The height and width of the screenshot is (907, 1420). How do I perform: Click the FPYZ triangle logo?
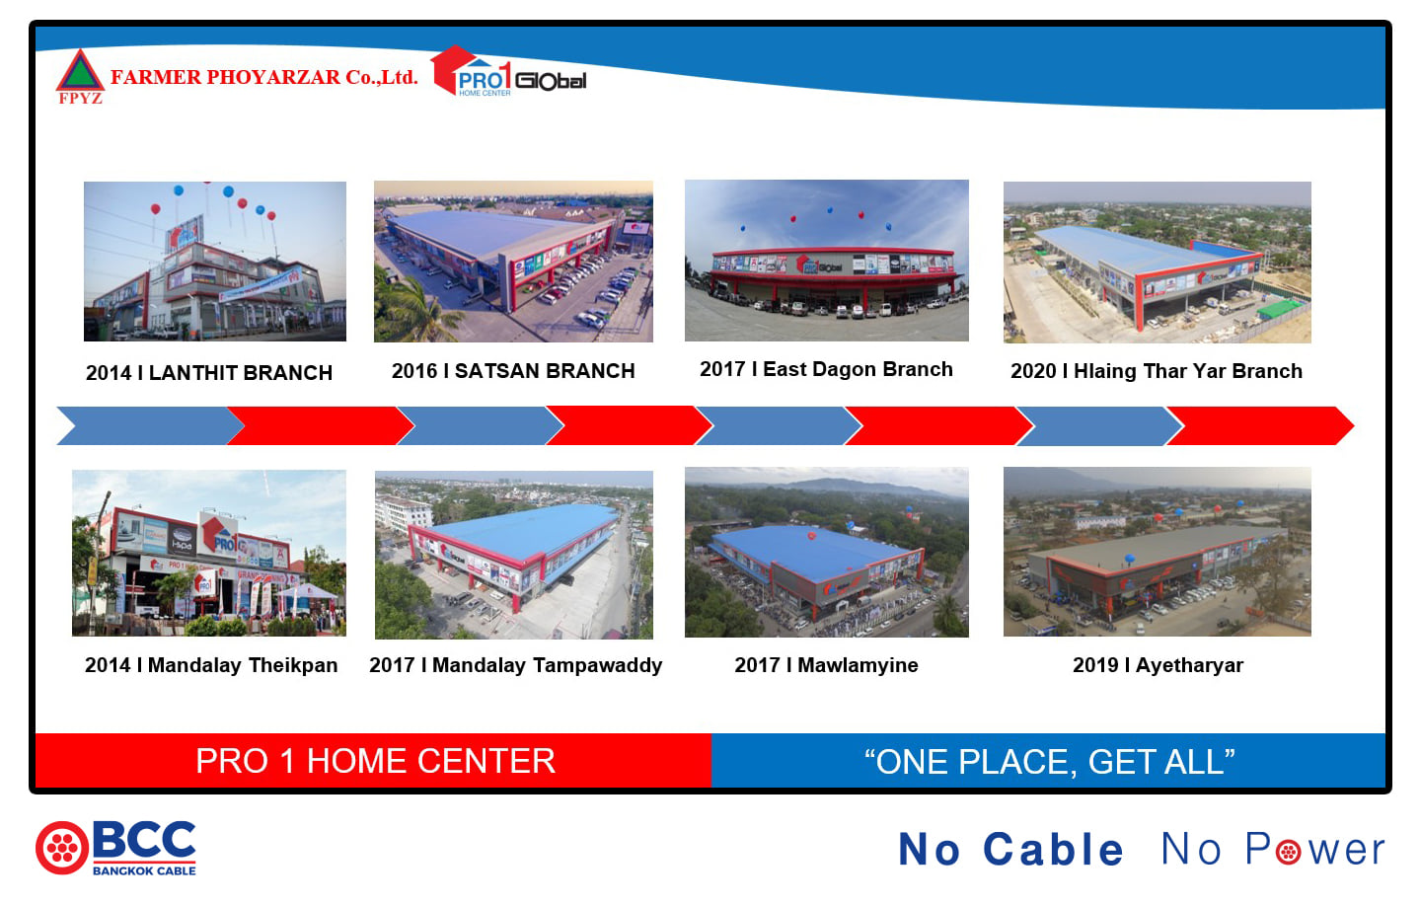tap(80, 76)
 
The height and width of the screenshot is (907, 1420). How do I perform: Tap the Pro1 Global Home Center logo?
tap(508, 72)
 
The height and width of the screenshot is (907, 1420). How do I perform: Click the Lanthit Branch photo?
tap(215, 262)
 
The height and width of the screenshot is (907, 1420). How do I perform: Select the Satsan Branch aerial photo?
tap(513, 262)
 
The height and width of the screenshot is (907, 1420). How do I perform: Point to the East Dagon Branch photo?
tap(827, 261)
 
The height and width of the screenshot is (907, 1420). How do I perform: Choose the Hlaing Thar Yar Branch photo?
tap(1157, 262)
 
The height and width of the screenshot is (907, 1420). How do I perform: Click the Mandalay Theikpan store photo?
tap(209, 553)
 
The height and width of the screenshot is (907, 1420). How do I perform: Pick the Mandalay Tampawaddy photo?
tap(514, 555)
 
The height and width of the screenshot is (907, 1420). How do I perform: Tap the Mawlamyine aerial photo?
tap(827, 552)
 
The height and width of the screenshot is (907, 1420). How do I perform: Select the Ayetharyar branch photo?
tap(1157, 552)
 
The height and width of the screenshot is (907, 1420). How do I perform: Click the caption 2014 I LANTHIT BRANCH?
tap(209, 373)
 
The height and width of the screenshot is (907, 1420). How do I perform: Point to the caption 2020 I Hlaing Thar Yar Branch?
tap(1157, 371)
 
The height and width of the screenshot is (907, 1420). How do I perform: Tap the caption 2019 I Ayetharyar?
tap(1158, 665)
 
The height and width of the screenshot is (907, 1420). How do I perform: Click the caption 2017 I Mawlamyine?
tap(826, 665)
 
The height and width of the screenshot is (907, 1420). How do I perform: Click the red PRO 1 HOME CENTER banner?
tap(373, 761)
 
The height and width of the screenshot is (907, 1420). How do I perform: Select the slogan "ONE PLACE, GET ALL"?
tap(1049, 761)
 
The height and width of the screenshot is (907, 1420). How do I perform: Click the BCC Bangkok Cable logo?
tap(116, 848)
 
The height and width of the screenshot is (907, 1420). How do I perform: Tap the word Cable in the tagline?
tap(1053, 849)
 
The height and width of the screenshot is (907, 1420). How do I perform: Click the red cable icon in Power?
tap(1288, 852)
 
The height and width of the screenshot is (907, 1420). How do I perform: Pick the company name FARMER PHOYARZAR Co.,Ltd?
tap(264, 77)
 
